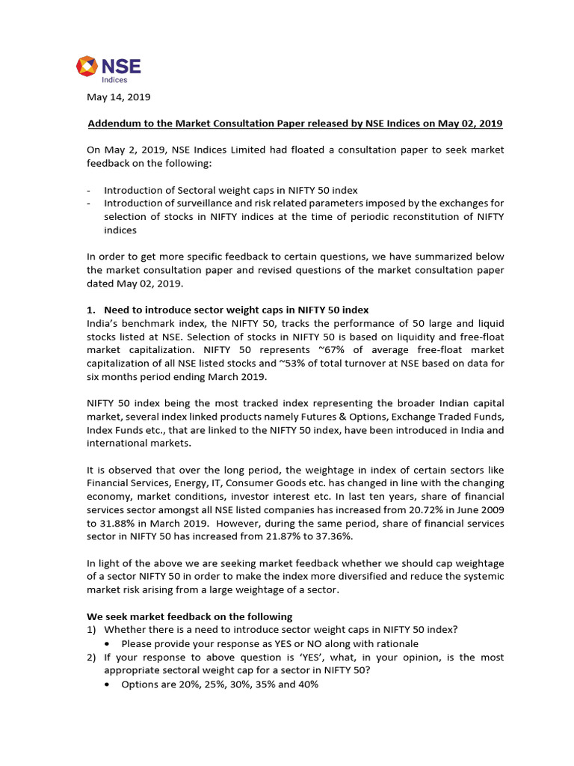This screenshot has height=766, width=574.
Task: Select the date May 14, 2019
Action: tap(120, 96)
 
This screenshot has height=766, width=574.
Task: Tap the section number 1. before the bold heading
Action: tap(93, 310)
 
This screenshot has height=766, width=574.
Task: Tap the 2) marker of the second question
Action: tap(93, 657)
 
